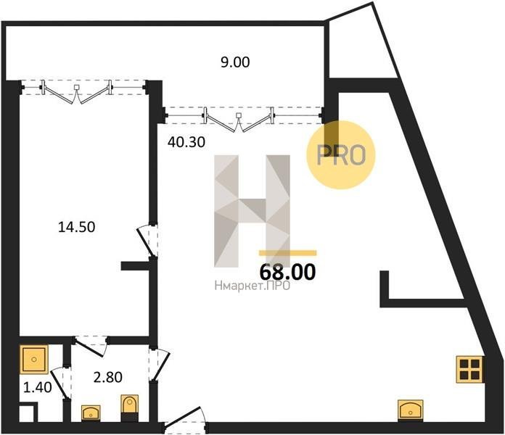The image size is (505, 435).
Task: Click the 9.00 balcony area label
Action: [235, 62]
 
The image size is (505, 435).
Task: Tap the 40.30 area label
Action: [186, 142]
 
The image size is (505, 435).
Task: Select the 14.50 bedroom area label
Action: [77, 227]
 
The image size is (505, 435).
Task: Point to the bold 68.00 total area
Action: [287, 272]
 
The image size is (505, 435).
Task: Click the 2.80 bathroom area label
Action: [108, 377]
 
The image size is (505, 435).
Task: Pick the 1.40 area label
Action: [37, 387]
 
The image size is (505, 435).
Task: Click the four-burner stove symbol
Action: [470, 369]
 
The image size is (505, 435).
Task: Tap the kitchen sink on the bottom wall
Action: [411, 410]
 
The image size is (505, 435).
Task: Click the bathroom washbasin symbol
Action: [91, 413]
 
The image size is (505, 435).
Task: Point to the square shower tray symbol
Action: [33, 359]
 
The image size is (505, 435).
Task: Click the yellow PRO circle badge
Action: [341, 154]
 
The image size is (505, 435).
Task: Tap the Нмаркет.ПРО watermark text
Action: [252, 285]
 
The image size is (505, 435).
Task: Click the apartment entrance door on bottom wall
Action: [185, 420]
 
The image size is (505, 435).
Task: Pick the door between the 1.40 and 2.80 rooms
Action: [60, 383]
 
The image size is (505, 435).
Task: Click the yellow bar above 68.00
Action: [287, 253]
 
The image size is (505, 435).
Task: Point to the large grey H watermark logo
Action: [252, 211]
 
